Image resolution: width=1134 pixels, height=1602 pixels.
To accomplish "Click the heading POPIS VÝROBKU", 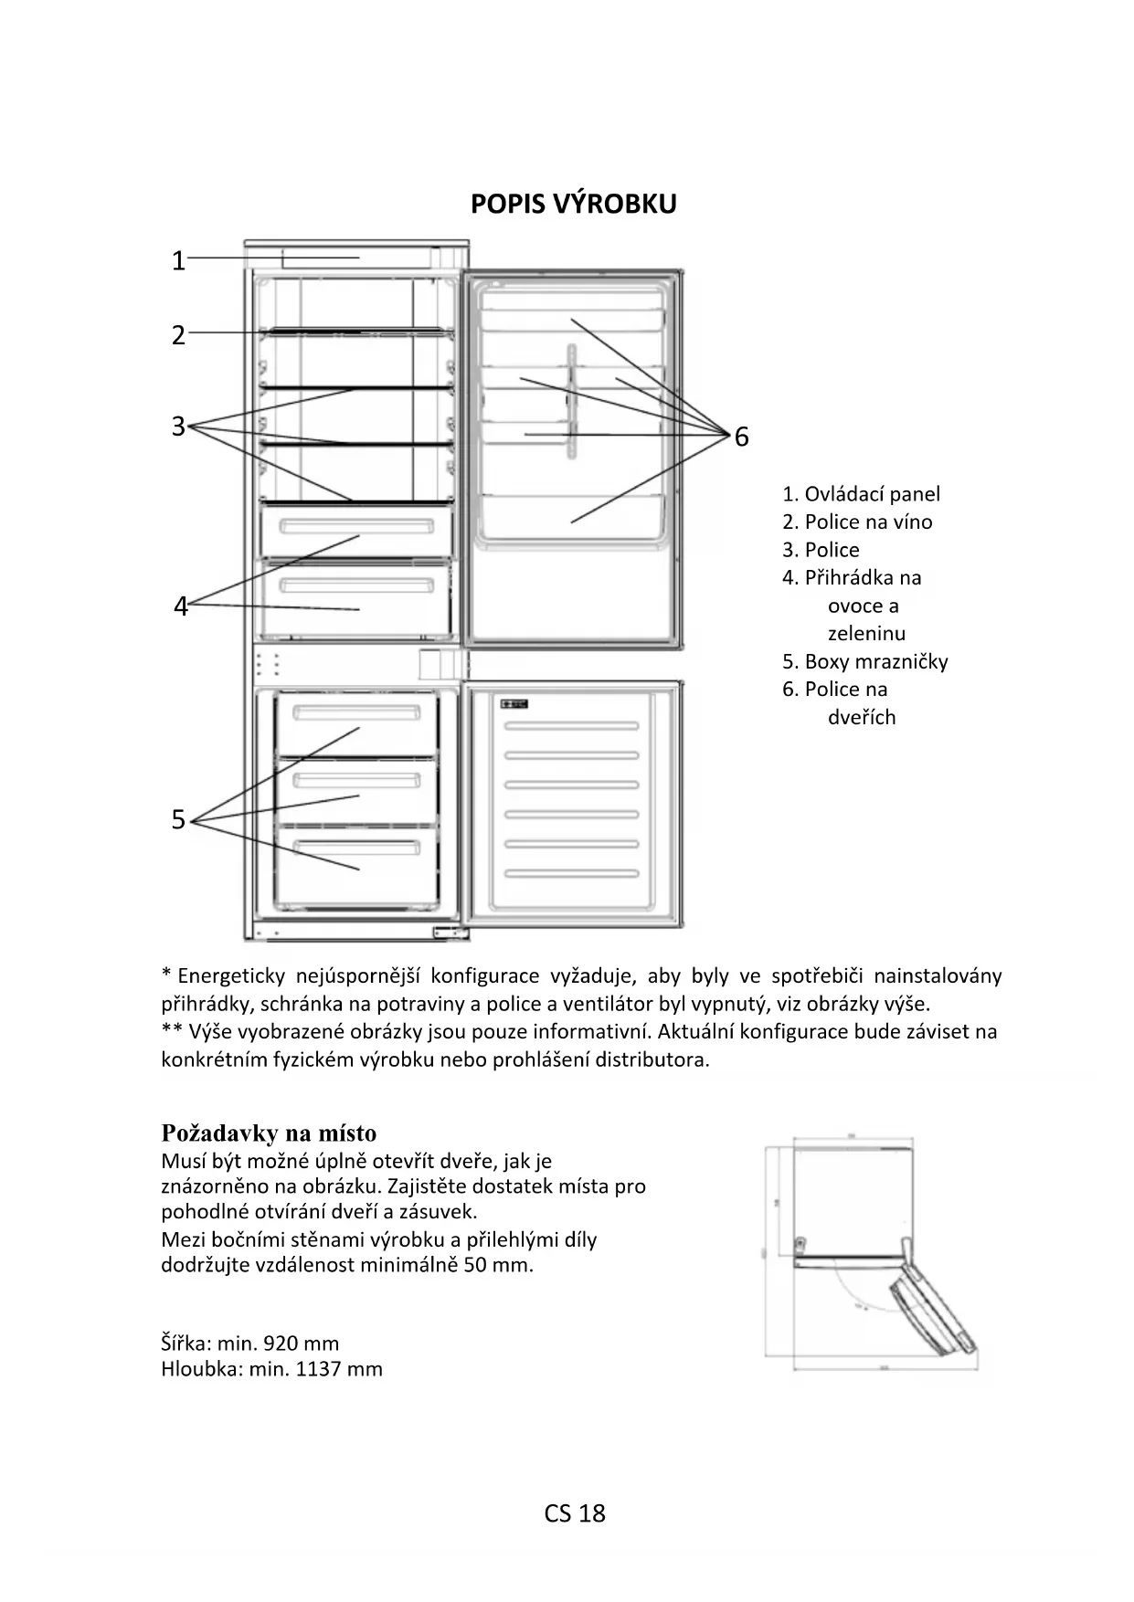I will coord(573,204).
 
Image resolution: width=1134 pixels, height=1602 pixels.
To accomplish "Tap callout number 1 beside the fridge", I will coord(179,261).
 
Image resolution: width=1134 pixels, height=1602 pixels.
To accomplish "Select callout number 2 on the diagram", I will coord(179,335).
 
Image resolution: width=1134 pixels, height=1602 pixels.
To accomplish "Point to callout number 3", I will coord(179,426).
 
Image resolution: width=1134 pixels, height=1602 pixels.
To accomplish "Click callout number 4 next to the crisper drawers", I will coord(181,606).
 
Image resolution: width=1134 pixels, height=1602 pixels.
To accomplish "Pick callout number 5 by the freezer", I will coord(179,819).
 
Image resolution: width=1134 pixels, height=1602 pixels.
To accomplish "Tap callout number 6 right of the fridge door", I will coord(741,437).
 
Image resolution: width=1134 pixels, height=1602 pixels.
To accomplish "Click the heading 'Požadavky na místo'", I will coord(269,1133).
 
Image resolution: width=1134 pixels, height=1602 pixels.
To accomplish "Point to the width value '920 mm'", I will coord(301,1344).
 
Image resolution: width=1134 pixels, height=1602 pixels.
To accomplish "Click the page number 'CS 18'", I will coord(575,1513).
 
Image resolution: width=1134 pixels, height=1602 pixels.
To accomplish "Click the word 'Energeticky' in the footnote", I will coord(231,976).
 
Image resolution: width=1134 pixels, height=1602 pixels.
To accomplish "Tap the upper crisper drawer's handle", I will coord(356,527).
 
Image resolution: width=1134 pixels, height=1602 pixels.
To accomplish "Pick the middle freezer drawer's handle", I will coord(356,781).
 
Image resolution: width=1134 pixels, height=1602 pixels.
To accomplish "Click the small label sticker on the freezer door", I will coord(514,704).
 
